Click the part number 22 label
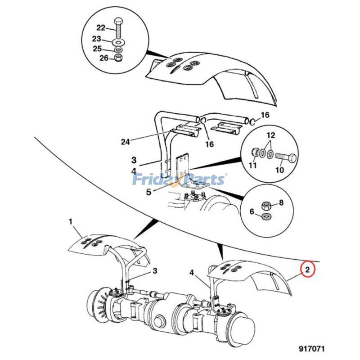point(101,28)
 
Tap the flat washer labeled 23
point(118,42)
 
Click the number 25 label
point(97,49)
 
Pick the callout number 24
point(126,142)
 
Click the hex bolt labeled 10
point(286,157)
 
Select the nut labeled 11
point(255,152)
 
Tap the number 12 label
point(271,135)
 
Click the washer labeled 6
point(266,216)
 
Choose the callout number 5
point(149,192)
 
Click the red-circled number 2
point(307,270)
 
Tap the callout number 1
point(71,222)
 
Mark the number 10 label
point(279,170)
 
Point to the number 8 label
point(281,202)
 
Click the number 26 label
point(104,58)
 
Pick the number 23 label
point(96,39)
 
